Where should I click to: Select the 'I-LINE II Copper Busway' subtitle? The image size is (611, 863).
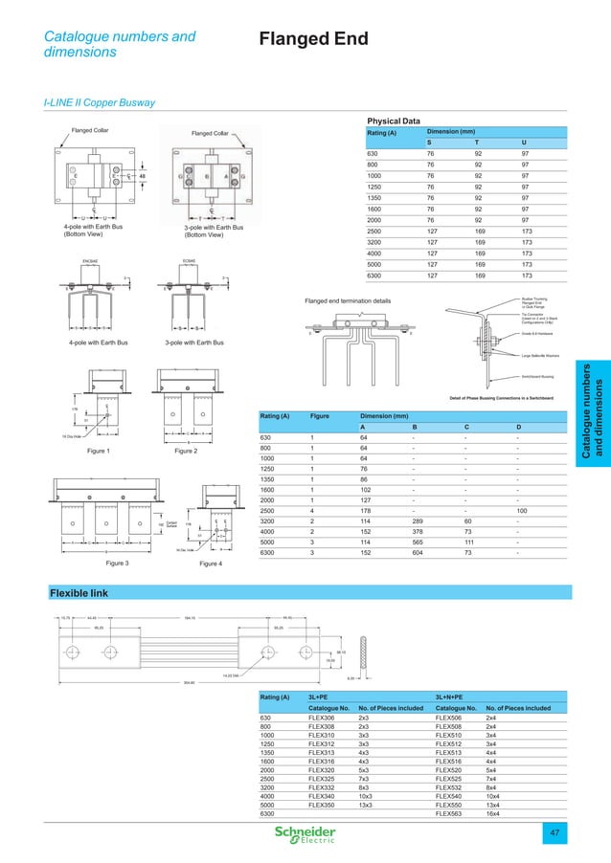pos(100,102)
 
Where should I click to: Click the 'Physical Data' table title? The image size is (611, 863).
pos(394,122)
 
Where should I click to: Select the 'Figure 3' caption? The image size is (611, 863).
pos(89,564)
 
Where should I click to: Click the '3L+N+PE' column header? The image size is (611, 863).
pos(453,697)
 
